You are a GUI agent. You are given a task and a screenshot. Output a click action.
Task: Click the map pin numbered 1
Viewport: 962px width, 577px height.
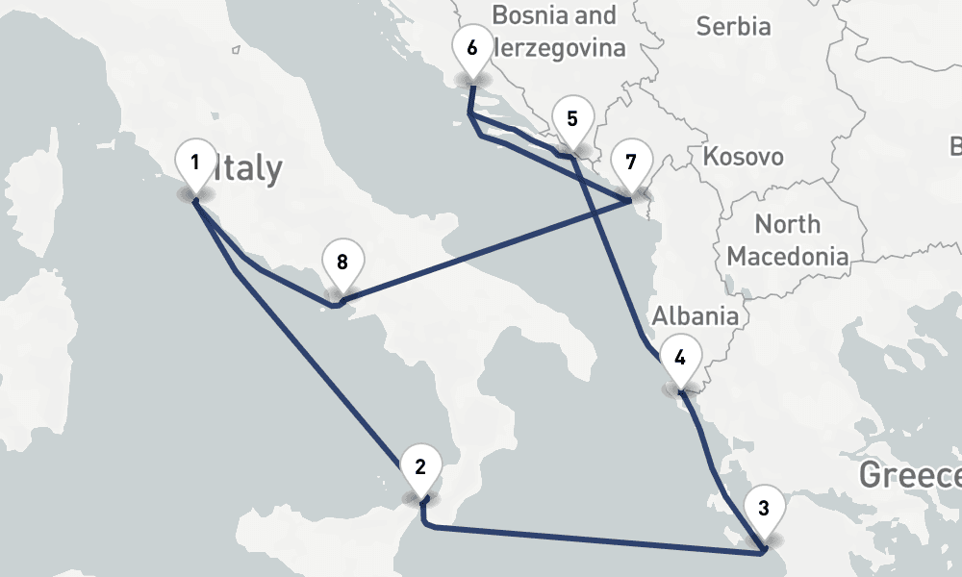pyautogui.click(x=195, y=163)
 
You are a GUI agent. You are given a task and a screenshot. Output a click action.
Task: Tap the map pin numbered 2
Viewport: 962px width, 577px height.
pyautogui.click(x=420, y=468)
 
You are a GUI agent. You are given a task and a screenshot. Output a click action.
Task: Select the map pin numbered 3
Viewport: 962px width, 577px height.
pyautogui.click(x=764, y=509)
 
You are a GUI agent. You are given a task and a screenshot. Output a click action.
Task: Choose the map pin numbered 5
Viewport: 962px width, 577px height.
pyautogui.click(x=572, y=120)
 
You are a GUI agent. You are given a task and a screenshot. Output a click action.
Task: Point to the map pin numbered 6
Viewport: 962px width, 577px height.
pyautogui.click(x=471, y=48)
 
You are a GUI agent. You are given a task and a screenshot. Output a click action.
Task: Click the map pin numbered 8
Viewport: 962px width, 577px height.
pyautogui.click(x=342, y=262)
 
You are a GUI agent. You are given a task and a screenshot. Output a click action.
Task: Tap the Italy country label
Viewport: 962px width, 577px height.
pyautogui.click(x=248, y=169)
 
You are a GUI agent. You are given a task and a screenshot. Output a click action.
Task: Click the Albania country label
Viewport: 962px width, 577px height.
pyautogui.click(x=696, y=316)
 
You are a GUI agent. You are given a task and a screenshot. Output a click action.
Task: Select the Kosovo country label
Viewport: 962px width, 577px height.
pyautogui.click(x=743, y=157)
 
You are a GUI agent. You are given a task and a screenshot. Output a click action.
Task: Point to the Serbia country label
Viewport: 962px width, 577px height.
pyautogui.click(x=733, y=26)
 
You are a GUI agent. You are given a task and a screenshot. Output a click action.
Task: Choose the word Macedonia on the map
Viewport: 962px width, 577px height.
pyautogui.click(x=788, y=257)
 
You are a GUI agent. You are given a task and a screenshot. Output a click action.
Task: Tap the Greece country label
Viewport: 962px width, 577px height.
pyautogui.click(x=909, y=475)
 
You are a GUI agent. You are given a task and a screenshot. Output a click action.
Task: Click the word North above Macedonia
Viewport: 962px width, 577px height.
pyautogui.click(x=787, y=225)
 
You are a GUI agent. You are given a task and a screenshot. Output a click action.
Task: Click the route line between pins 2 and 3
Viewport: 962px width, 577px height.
pyautogui.click(x=596, y=539)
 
